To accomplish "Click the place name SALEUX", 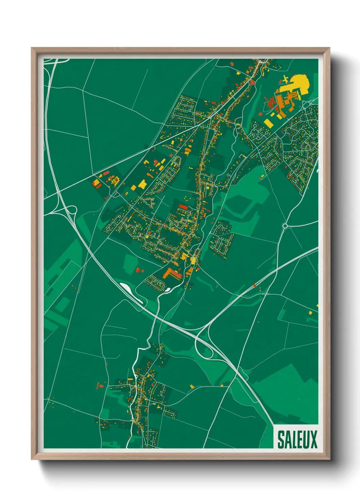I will [297, 439].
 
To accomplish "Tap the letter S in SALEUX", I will [281, 439].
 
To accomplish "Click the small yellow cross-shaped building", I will [285, 80].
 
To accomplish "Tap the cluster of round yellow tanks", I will [115, 179].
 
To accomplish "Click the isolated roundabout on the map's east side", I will [285, 225].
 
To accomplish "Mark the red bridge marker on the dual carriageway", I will [255, 285].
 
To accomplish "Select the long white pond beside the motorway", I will [131, 292].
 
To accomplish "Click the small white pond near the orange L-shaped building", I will [168, 290].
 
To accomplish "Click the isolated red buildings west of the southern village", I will [100, 386].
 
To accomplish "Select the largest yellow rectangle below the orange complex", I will [268, 123].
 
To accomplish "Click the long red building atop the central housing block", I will [183, 206].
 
